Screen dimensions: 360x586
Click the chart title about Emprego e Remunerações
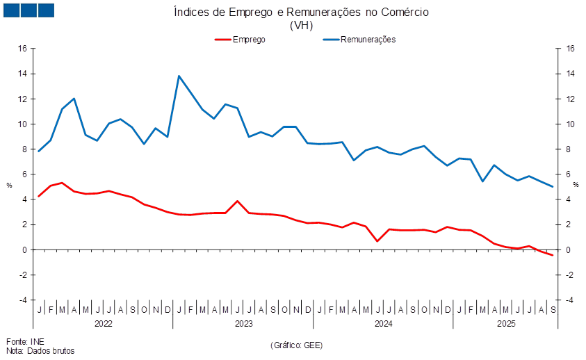click(301, 13)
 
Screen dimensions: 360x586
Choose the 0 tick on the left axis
click(24, 249)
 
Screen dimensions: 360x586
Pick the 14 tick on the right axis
click(571, 74)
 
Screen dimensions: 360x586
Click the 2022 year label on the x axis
click(104, 324)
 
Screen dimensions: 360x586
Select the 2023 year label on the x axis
click(243, 324)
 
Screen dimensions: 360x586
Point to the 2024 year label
click(384, 324)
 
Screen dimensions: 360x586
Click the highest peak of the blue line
click(179, 76)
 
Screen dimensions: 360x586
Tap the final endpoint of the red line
click(553, 256)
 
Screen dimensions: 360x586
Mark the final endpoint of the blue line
click(553, 186)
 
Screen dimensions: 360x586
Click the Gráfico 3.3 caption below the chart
click(296, 345)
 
